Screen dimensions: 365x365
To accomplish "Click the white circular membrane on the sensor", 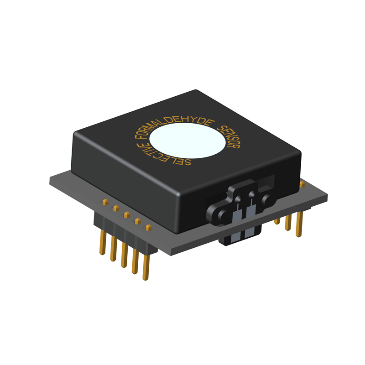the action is click(x=187, y=141).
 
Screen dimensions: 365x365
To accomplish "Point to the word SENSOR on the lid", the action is click(x=229, y=136).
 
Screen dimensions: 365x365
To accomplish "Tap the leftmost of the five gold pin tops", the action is click(x=105, y=202).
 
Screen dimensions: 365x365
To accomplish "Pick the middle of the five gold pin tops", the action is click(x=127, y=214).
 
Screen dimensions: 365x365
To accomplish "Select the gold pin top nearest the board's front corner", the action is click(x=148, y=227).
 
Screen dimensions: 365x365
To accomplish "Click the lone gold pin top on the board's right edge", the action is click(x=302, y=184).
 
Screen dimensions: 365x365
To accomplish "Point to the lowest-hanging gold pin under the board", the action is click(x=146, y=267).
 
